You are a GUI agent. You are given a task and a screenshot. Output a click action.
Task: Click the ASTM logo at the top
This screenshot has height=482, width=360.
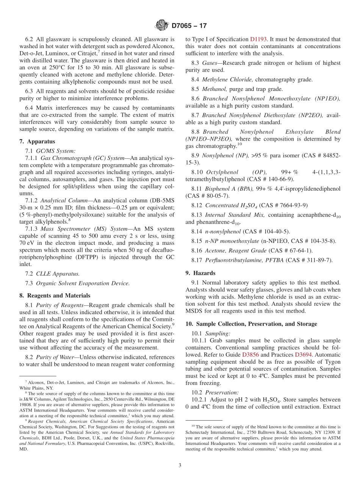(162, 26)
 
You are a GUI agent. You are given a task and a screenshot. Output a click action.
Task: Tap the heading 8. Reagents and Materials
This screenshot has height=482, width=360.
(55, 296)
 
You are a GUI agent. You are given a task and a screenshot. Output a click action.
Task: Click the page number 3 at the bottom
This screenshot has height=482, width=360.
(180, 465)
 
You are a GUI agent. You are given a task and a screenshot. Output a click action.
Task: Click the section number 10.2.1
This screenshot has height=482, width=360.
(200, 400)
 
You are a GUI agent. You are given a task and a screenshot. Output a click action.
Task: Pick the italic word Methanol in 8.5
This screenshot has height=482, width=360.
(214, 89)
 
